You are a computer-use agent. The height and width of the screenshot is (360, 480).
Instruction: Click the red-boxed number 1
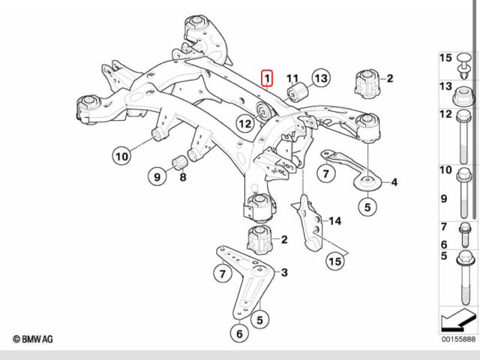267,77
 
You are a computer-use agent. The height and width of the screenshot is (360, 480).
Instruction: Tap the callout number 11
292,77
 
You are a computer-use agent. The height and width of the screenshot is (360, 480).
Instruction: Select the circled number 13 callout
320,78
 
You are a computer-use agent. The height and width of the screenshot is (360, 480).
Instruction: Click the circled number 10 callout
122,156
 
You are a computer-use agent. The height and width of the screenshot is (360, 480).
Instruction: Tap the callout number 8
182,178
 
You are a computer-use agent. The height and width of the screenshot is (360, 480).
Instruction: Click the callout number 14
334,220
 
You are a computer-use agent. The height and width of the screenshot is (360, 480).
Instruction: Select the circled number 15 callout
334,261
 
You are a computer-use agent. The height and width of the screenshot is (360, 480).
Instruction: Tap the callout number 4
394,182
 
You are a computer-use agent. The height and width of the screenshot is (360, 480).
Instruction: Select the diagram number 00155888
457,340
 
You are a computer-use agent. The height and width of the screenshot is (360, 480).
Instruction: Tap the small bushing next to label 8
180,161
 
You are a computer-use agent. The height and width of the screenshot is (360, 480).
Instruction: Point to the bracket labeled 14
310,222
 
